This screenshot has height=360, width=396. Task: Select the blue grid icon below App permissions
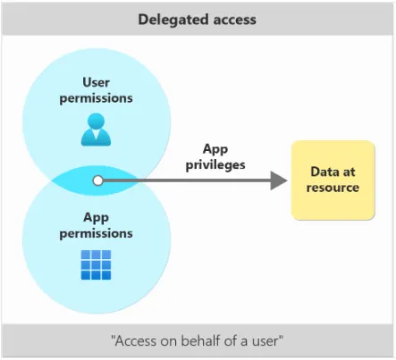(x=96, y=265)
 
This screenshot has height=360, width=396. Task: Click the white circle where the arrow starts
(x=97, y=180)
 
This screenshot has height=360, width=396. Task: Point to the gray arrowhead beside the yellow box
(x=278, y=180)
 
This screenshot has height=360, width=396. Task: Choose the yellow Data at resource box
(x=332, y=180)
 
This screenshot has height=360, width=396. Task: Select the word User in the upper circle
(x=96, y=83)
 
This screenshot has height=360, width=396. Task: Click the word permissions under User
(x=96, y=98)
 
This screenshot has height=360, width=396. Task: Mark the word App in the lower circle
(x=96, y=217)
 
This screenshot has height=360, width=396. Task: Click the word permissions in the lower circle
(x=96, y=232)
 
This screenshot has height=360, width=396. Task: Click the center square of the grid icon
(x=96, y=265)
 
